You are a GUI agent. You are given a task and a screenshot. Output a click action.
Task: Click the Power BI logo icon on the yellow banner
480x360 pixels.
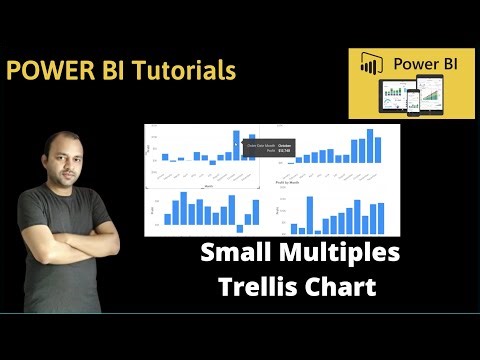point(372,66)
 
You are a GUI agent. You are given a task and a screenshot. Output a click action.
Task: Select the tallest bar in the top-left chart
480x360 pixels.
point(237,145)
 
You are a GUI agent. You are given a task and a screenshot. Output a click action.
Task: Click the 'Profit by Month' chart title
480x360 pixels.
point(291,183)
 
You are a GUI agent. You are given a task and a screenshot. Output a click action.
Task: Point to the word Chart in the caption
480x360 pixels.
point(342,287)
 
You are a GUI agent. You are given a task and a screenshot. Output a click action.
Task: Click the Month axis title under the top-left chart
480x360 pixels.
point(207,184)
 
